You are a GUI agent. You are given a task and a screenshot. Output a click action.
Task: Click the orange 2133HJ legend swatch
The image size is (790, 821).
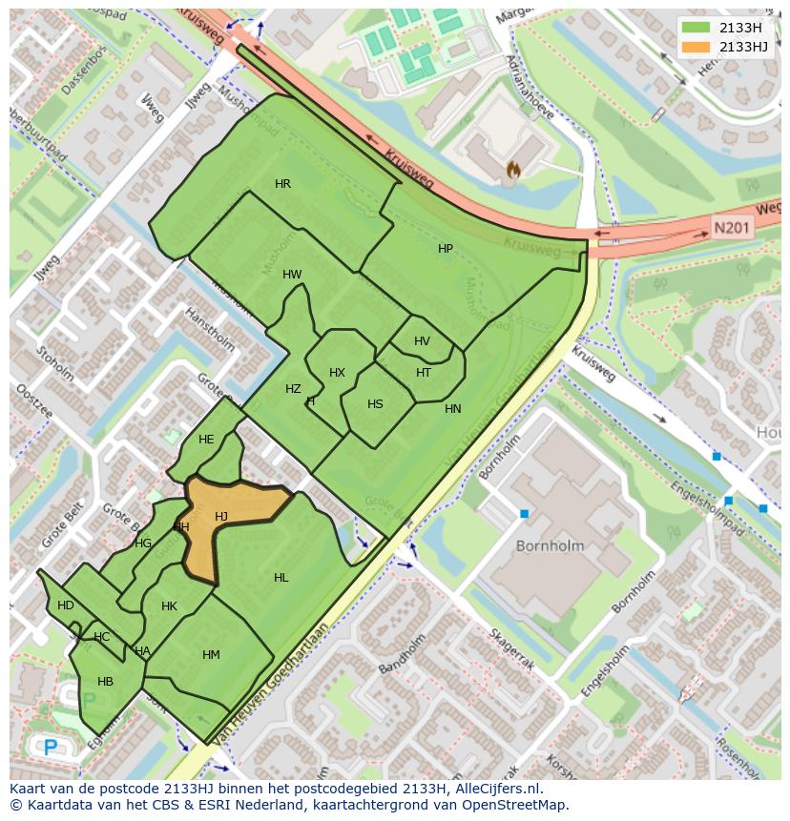pyautogui.click(x=697, y=47)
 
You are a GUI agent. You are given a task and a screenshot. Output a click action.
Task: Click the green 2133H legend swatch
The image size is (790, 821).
pyautogui.click(x=697, y=28)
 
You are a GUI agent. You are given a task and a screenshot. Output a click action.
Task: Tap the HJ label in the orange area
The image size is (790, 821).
pyautogui.click(x=221, y=517)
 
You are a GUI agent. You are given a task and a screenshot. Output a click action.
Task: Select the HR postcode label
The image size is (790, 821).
pyautogui.click(x=282, y=184)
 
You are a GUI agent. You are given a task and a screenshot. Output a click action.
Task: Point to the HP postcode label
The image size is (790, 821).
pyautogui.click(x=446, y=249)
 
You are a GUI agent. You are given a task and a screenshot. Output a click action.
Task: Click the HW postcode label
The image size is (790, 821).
pyautogui.click(x=292, y=275)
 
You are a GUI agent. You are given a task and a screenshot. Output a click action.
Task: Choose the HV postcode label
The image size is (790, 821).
pyautogui.click(x=422, y=341)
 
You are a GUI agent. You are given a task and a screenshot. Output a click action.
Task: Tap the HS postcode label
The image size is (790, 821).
pyautogui.click(x=375, y=404)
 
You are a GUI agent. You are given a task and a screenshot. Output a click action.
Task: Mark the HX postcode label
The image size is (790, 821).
pyautogui.click(x=337, y=373)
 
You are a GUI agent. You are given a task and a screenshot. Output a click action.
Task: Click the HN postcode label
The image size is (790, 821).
pyautogui.click(x=452, y=409)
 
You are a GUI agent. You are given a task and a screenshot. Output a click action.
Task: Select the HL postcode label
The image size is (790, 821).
pyautogui.click(x=281, y=578)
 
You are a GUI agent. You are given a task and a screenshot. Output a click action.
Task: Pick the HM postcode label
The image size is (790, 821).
pyautogui.click(x=211, y=654)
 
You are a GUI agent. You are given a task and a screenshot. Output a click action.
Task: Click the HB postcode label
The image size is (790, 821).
pyautogui.click(x=105, y=681)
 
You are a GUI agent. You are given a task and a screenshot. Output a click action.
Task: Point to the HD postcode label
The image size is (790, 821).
pyautogui.click(x=65, y=605)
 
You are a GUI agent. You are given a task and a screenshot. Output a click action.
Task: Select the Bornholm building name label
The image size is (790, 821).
pyautogui.click(x=549, y=546)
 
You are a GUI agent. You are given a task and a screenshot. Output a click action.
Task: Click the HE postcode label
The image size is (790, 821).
pyautogui.click(x=206, y=440)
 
